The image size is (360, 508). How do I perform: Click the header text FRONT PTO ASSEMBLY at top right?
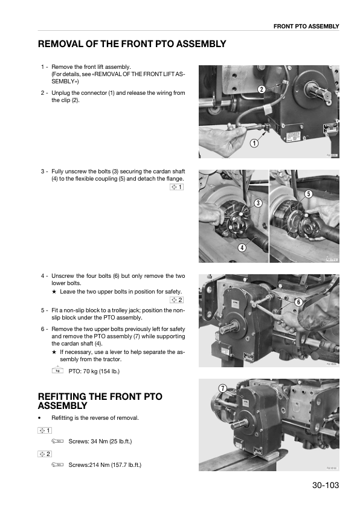[306, 26]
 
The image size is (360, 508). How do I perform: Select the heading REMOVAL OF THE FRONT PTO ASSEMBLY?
[132, 44]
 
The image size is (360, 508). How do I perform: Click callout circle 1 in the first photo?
[254, 144]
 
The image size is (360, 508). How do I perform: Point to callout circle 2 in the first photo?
[262, 89]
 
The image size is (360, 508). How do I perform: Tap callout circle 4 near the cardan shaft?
[242, 247]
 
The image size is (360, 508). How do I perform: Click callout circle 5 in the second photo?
[308, 194]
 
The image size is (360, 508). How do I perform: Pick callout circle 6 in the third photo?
[298, 301]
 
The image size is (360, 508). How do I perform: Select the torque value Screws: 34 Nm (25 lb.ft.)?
[100, 442]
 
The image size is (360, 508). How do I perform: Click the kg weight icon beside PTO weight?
[58, 370]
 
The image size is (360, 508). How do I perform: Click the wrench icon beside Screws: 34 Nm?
[58, 442]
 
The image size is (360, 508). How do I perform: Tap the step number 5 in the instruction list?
[43, 312]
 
